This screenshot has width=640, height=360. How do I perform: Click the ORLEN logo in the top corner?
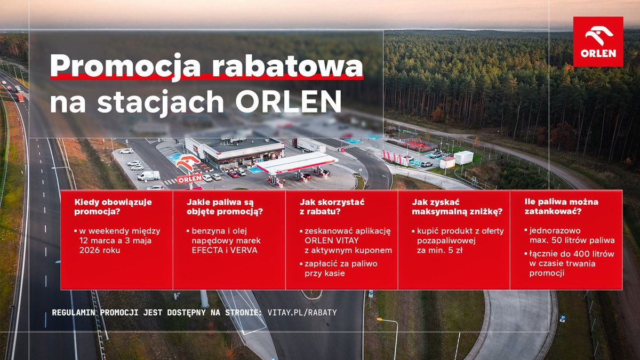click(598, 42)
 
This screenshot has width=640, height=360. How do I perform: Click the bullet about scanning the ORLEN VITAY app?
click(347, 241)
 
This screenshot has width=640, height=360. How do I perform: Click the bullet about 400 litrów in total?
click(571, 263)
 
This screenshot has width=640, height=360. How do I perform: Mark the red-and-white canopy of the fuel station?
click(297, 162)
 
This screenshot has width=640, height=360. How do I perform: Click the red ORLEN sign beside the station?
click(189, 179)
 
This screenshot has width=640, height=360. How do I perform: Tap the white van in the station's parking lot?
click(148, 175)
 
